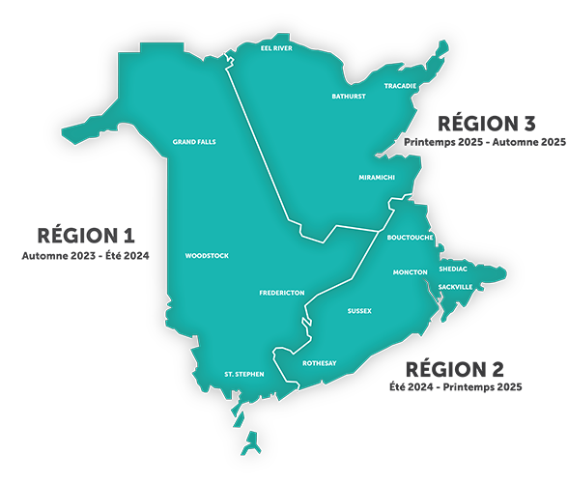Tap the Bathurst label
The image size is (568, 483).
coord(349,97)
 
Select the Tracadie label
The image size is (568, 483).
coord(400,86)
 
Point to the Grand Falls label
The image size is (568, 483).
coord(194,142)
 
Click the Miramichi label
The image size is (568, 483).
coord(377,179)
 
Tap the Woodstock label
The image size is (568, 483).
coord(206,256)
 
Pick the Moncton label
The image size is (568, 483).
coord(411,272)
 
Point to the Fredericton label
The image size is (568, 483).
coord(282,293)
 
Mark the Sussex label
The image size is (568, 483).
coord(359,311)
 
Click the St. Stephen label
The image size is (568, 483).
coord(243,373)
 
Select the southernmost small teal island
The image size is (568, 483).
coord(253,445)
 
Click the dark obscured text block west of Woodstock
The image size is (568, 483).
coord(81,241)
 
